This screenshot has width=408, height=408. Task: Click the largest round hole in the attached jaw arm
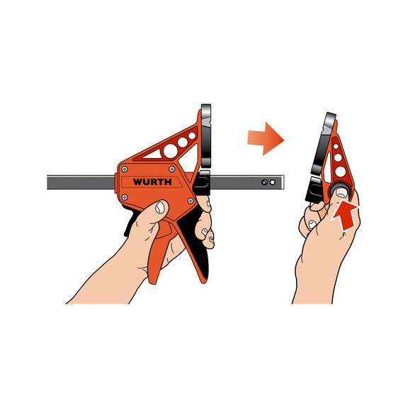click(183, 144)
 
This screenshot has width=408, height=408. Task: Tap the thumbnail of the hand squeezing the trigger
click(161, 208)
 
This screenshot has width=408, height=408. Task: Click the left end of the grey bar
click(50, 182)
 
